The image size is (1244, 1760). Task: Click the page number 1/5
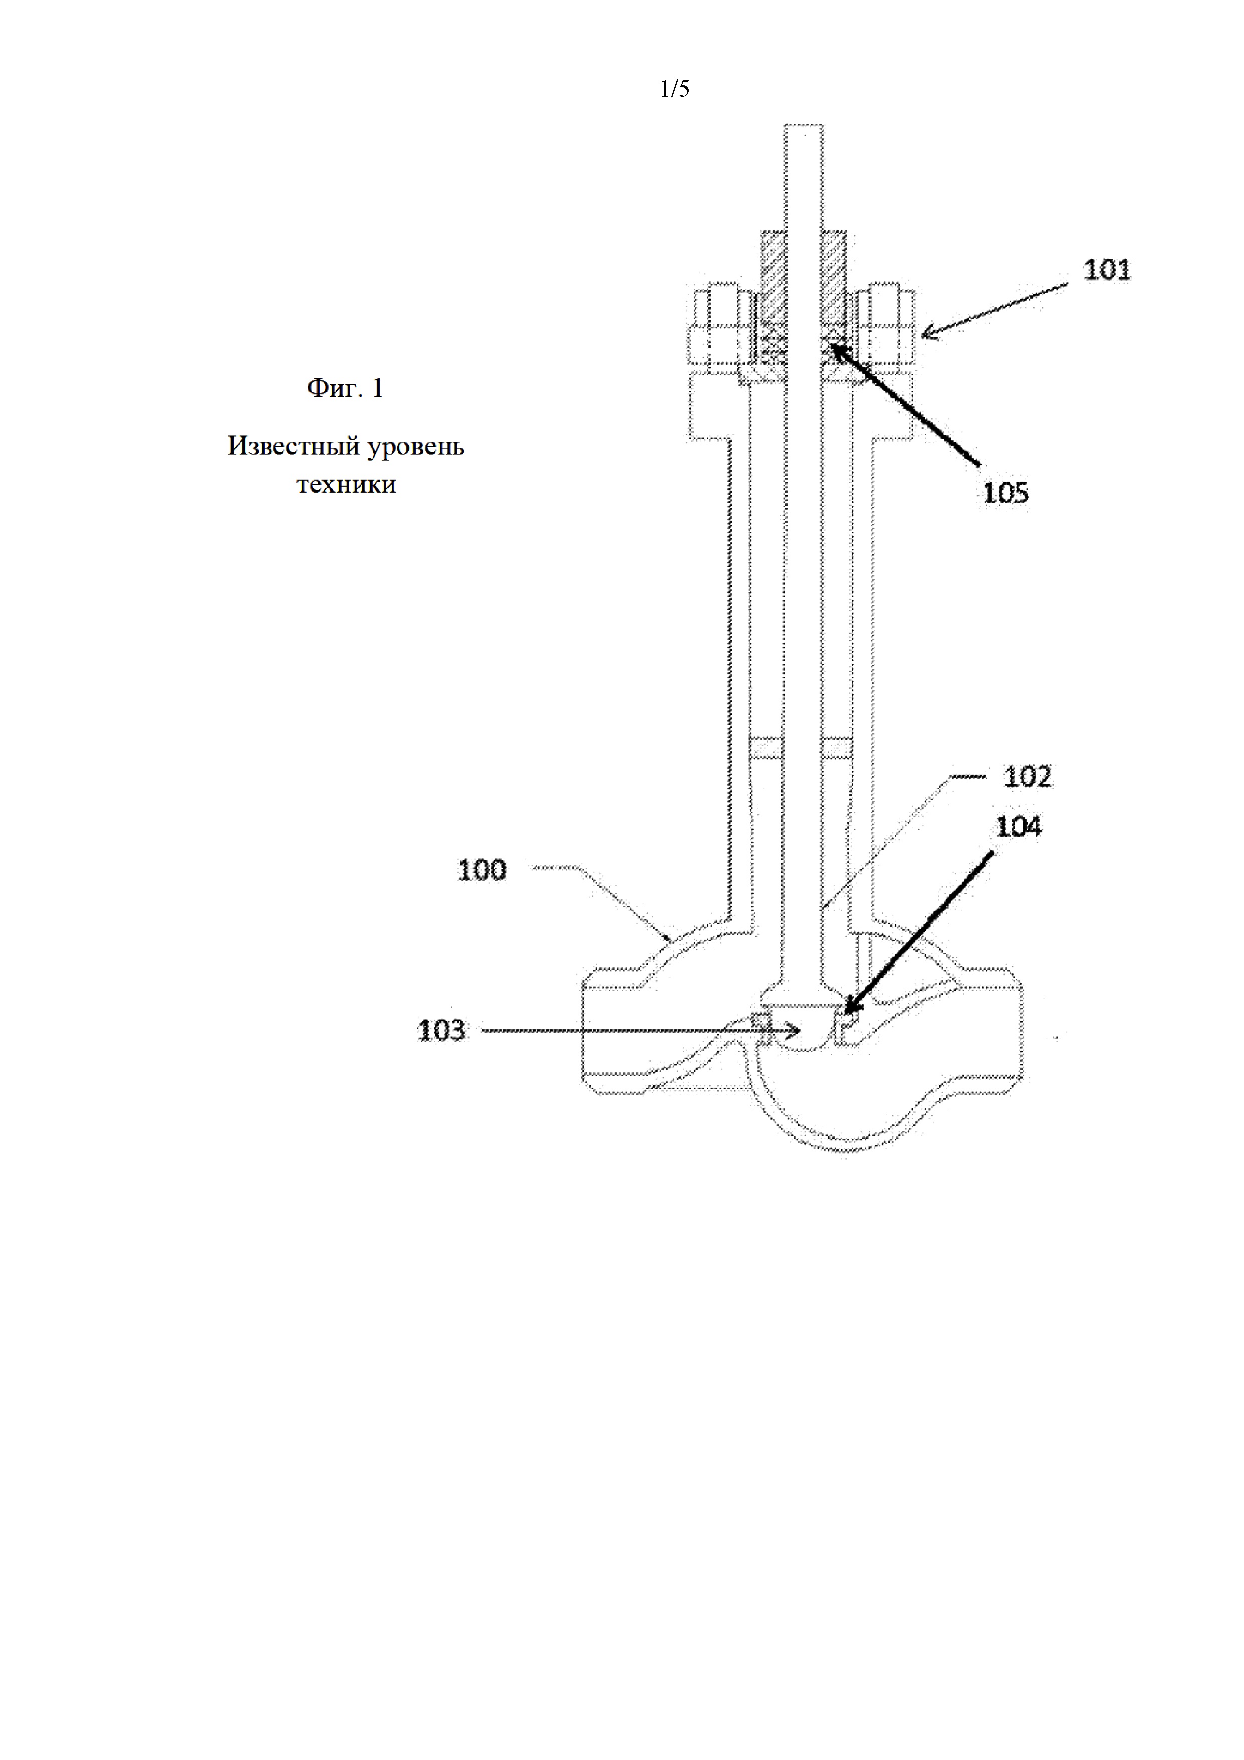pos(675,90)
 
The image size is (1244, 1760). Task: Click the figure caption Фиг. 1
pos(345,388)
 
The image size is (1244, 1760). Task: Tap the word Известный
pos(293,446)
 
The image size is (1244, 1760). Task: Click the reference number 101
pos(1106,270)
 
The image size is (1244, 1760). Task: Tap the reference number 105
pos(1005,493)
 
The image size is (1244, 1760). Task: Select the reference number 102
pos(1028,777)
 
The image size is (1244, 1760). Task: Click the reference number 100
pos(482,870)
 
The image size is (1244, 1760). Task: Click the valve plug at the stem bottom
pos(803,1027)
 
